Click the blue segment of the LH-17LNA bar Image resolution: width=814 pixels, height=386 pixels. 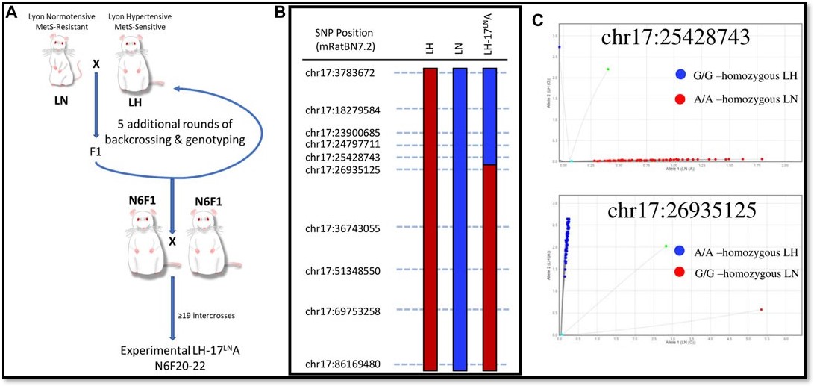click(x=490, y=116)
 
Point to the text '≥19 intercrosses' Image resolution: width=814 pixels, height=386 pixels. click(x=207, y=316)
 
